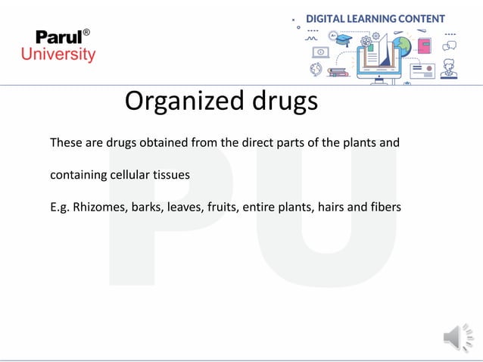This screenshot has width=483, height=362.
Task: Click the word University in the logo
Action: coord(58,55)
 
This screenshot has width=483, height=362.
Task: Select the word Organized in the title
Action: coord(179,101)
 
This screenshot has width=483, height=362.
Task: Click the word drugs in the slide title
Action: coord(279,101)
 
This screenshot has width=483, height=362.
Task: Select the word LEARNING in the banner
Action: coord(380,19)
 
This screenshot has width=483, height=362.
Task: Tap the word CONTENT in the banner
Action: coord(426,19)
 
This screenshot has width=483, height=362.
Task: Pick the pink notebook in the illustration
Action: coord(424,45)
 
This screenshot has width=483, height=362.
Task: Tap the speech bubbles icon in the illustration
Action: coord(450,46)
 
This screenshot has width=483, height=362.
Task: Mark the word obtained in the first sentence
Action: coord(162,142)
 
